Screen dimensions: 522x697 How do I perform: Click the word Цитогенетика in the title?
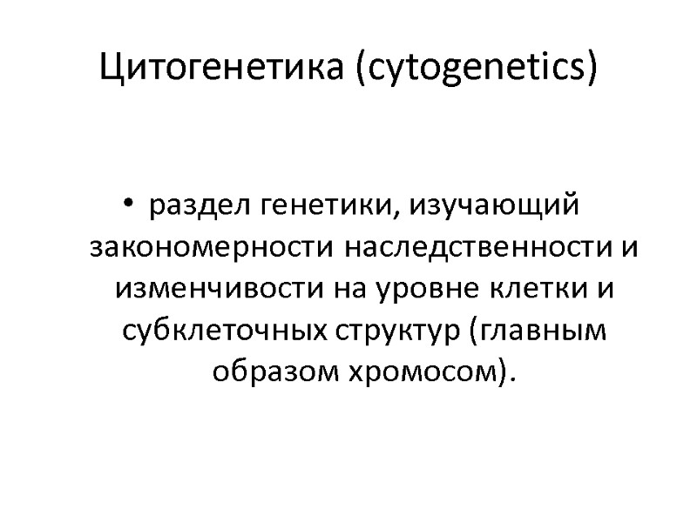[224, 66]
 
